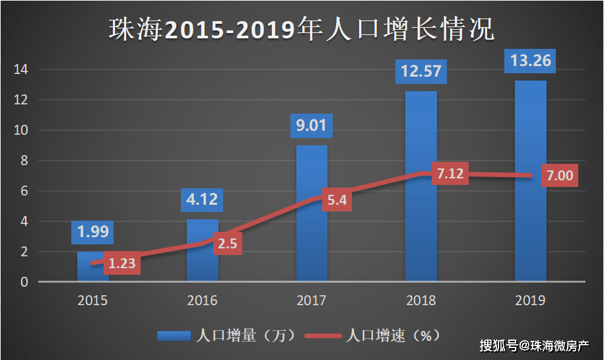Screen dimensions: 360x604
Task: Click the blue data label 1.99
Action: (x=93, y=232)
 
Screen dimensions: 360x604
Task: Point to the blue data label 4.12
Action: (x=202, y=199)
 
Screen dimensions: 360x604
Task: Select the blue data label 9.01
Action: (x=312, y=125)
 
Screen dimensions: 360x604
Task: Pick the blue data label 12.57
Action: (x=420, y=71)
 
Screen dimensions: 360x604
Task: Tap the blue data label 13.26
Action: (x=530, y=61)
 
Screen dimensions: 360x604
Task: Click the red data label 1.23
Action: (x=121, y=264)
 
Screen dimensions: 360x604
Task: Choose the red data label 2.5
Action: (x=227, y=243)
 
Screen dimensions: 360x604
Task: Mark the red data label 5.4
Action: (x=337, y=199)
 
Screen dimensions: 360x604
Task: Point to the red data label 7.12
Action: (x=451, y=174)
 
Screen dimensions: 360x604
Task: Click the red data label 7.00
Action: (x=560, y=176)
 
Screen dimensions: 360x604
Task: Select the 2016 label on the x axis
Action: (x=202, y=300)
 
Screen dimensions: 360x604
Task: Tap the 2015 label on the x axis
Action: (x=93, y=300)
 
